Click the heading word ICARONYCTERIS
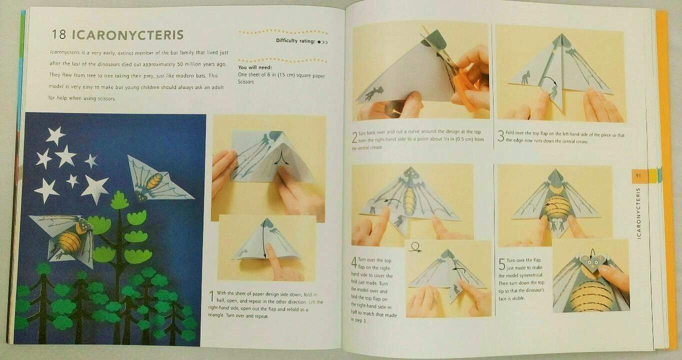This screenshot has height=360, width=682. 128,35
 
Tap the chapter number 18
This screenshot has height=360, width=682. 58,35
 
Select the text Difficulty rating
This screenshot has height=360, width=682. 294,41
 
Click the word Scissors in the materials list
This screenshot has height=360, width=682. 246,81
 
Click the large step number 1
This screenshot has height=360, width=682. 211,296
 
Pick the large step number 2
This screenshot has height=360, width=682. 354,137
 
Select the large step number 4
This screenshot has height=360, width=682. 354,261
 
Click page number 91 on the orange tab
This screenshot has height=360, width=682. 638,175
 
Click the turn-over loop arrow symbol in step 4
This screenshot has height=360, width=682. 414,246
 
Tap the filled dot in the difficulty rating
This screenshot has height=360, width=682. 318,41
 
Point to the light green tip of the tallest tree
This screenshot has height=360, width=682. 119,200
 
